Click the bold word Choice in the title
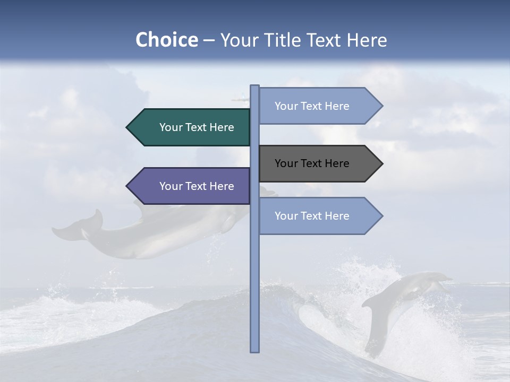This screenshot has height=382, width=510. tap(166, 40)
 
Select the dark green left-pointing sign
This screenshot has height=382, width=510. tap(191, 127)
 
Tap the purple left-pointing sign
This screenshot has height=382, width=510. tap(191, 186)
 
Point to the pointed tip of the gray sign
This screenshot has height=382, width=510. tap(381, 163)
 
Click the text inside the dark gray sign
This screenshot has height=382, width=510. tap(312, 163)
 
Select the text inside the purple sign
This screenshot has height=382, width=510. tap(197, 186)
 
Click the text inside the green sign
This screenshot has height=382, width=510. tap(197, 127)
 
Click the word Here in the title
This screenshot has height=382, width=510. tap(367, 40)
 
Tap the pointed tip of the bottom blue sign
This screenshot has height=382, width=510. tap(381, 216)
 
